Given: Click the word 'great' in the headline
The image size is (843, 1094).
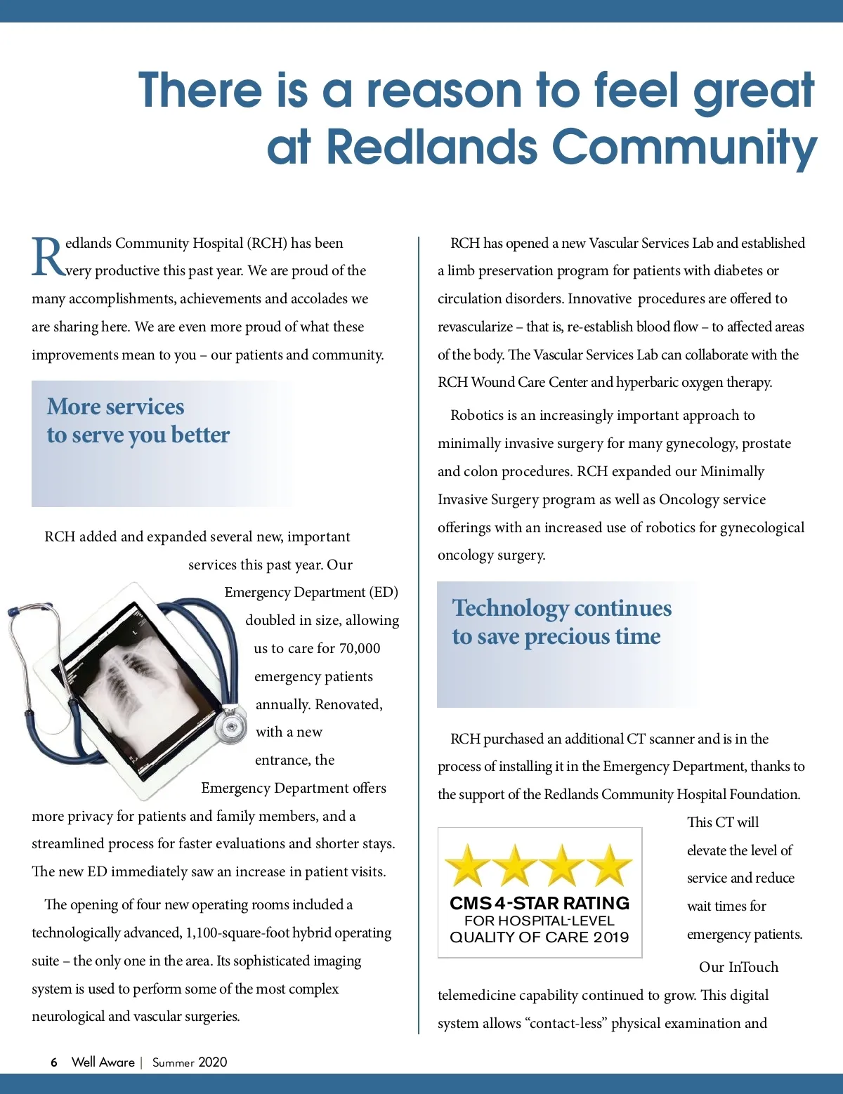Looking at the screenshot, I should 753,91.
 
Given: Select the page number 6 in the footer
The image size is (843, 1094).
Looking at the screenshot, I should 54,1062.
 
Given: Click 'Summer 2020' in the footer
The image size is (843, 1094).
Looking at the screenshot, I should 190,1062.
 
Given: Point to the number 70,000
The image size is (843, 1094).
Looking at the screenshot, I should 359,648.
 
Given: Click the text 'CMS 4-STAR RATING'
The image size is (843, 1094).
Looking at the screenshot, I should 540,903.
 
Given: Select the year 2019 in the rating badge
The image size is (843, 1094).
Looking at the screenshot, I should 608,937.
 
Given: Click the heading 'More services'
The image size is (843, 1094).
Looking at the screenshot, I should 115,407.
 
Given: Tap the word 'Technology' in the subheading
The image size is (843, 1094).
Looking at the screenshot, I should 510,608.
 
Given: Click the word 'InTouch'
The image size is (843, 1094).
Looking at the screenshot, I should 753,967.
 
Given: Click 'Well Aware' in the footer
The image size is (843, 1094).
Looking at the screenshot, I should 103,1062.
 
